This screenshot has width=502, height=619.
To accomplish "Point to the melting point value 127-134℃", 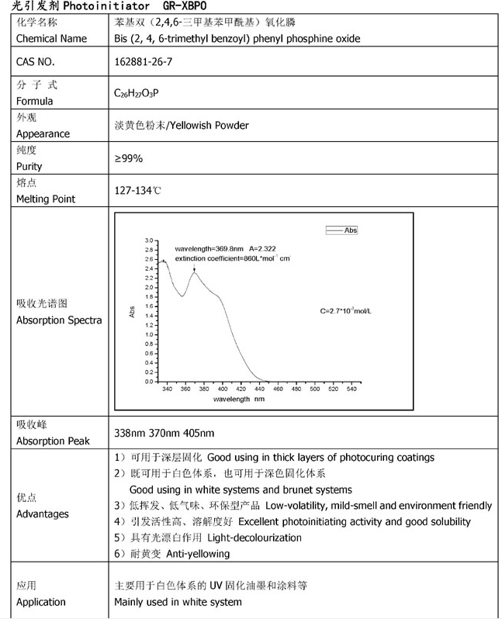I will click(x=138, y=190).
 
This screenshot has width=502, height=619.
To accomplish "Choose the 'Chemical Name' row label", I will click(x=51, y=38).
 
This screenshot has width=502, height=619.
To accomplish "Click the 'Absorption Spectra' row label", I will click(x=59, y=320).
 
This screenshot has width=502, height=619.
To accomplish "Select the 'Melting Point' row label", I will click(x=46, y=199).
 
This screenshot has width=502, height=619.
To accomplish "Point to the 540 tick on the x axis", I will click(x=351, y=388).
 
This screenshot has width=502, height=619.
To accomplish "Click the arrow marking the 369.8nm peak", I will click(x=194, y=266).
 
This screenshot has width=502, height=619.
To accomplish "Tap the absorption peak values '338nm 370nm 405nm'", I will click(x=164, y=432).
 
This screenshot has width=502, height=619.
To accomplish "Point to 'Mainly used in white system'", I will click(x=178, y=602).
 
